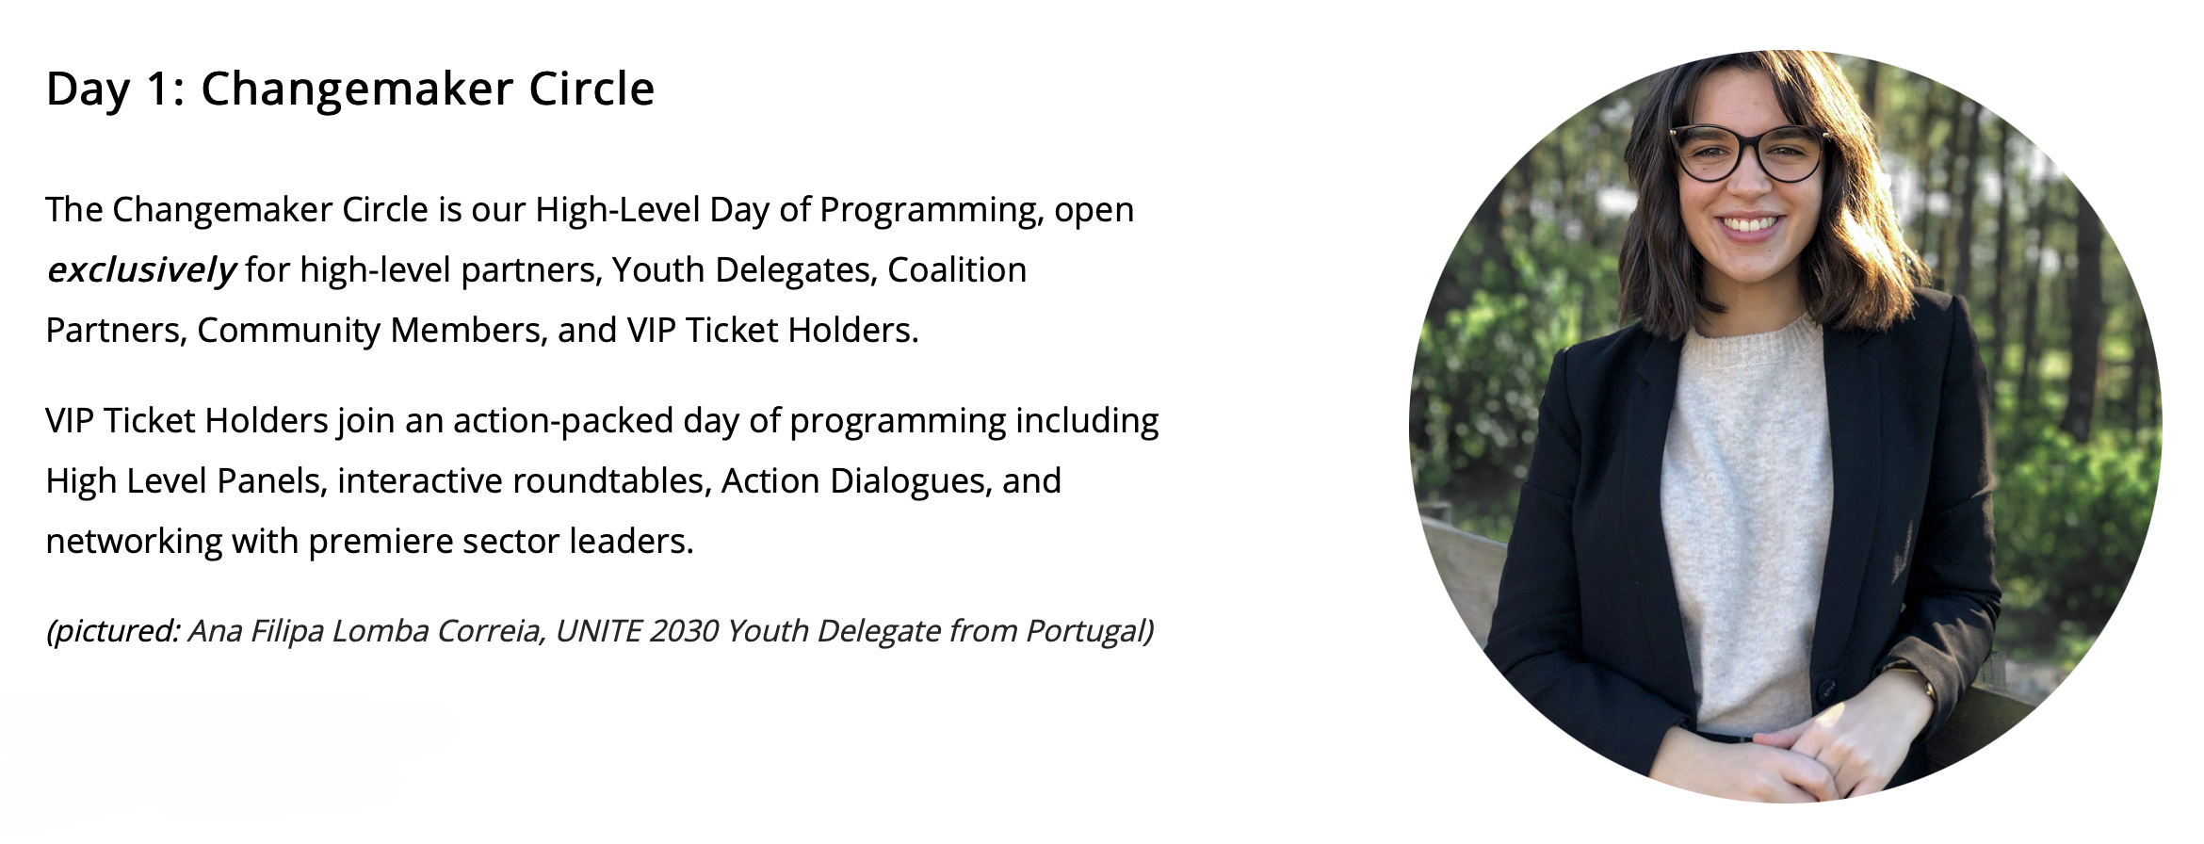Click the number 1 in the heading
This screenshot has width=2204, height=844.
tap(157, 89)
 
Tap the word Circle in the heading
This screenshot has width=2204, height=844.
tap(592, 89)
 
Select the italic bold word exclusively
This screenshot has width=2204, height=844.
tap(141, 270)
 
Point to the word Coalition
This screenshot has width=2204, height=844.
tap(957, 269)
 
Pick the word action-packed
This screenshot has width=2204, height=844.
tap(563, 421)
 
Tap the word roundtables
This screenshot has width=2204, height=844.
tap(612, 480)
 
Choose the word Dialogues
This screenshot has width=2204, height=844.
tap(911, 481)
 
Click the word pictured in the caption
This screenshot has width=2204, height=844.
tap(115, 630)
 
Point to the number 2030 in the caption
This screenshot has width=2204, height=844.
tap(683, 630)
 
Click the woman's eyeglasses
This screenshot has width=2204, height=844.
tap(1749, 154)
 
